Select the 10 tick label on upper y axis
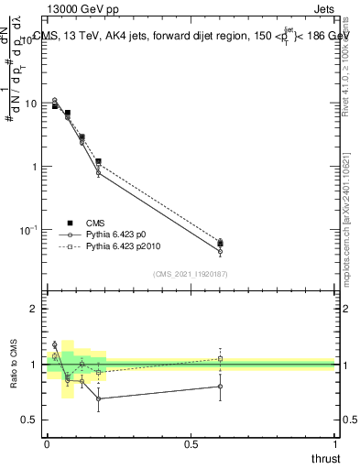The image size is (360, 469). tap(31, 104)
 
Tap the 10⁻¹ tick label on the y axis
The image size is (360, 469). tap(29, 229)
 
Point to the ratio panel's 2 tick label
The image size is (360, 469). tap(35, 310)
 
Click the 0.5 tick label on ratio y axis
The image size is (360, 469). tap(31, 420)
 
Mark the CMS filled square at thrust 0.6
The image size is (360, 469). tap(220, 244)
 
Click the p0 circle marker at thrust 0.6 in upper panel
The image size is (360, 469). tap(220, 251)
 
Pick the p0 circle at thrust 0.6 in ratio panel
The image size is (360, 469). tap(220, 387)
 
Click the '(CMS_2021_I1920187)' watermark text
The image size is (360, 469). tap(191, 274)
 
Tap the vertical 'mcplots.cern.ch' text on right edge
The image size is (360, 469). tap(344, 220)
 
